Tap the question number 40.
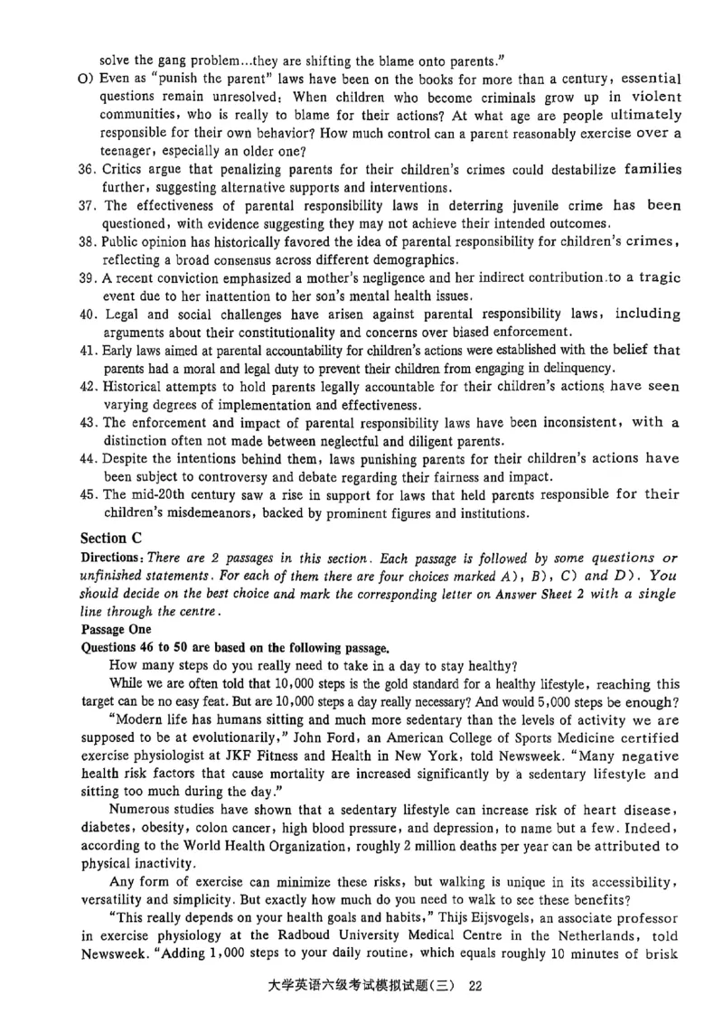click(x=89, y=314)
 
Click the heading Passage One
click(x=118, y=629)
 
